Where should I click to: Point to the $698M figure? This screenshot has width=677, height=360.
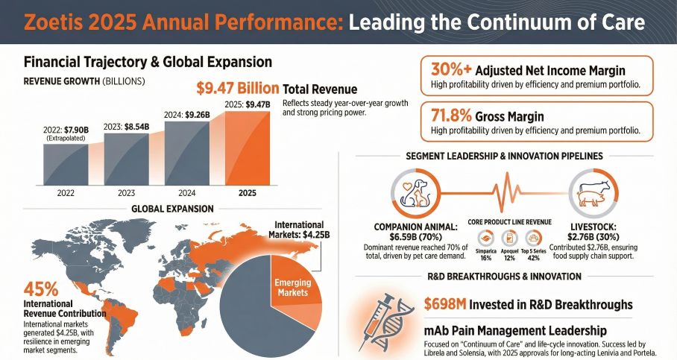click(447, 304)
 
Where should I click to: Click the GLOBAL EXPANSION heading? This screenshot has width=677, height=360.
click(171, 209)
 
